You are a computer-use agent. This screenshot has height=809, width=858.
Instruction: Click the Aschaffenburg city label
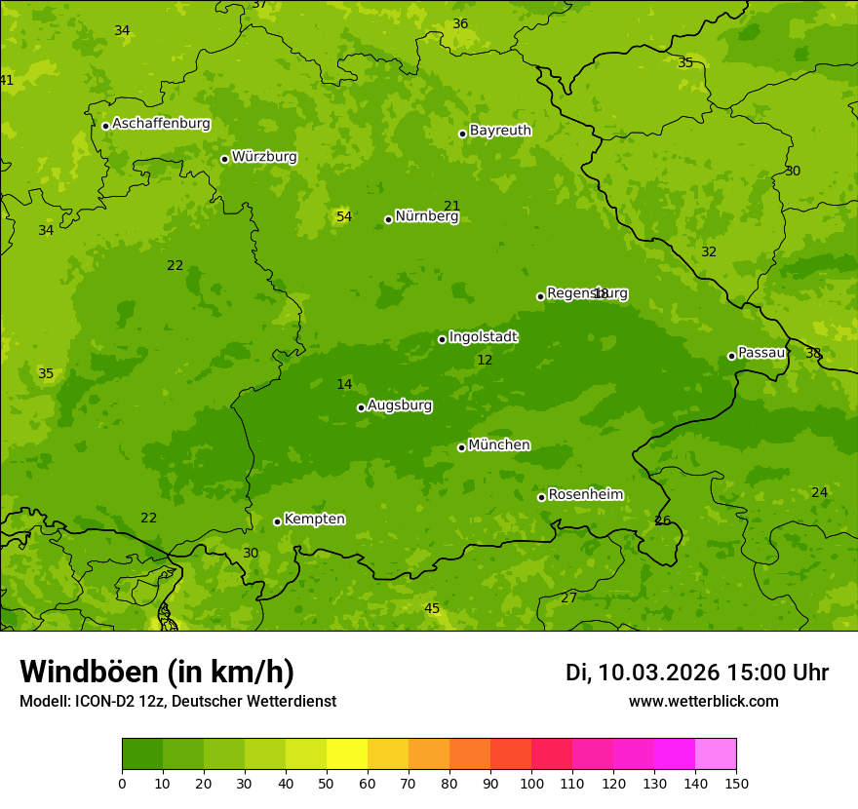[161, 124]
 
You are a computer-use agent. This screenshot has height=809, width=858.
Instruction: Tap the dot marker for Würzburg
[224, 159]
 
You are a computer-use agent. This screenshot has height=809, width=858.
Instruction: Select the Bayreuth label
[500, 131]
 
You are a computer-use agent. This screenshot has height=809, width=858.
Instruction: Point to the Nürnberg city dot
[388, 219]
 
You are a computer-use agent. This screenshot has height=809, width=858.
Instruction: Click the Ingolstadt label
[483, 337]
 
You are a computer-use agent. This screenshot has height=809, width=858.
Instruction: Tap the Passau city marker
[731, 356]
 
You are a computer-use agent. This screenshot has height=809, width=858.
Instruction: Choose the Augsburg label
[400, 405]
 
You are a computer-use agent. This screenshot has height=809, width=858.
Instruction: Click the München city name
[499, 445]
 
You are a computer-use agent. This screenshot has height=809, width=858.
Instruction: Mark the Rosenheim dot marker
[541, 497]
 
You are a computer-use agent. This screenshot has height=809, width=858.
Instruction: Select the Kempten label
[314, 520]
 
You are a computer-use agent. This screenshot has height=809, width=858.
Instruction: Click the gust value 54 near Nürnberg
[344, 216]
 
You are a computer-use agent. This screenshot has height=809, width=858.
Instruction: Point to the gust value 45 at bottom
[432, 609]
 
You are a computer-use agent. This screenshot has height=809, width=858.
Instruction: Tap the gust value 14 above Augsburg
[344, 385]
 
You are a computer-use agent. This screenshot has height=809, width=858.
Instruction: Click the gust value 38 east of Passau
[813, 353]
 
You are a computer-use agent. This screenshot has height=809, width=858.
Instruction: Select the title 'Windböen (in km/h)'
[157, 672]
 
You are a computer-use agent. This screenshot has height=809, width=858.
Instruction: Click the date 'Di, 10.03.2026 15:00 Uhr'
[697, 673]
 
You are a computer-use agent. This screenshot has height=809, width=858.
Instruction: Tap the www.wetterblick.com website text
[703, 702]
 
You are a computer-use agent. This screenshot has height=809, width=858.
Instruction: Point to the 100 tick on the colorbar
[531, 784]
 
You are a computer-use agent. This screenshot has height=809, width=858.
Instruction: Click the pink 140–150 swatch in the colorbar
[716, 754]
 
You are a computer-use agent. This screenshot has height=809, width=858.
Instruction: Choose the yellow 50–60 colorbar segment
[347, 754]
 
